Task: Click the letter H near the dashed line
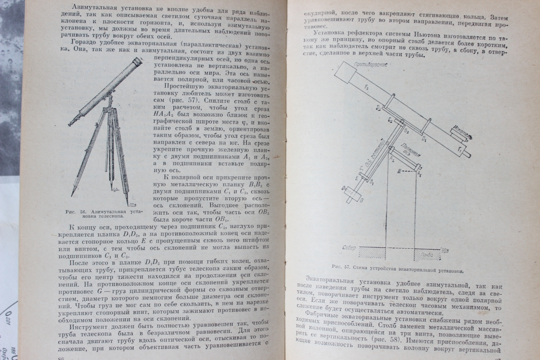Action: pyautogui.click(x=399, y=171)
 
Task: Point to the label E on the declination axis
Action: pyautogui.click(x=356, y=178)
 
